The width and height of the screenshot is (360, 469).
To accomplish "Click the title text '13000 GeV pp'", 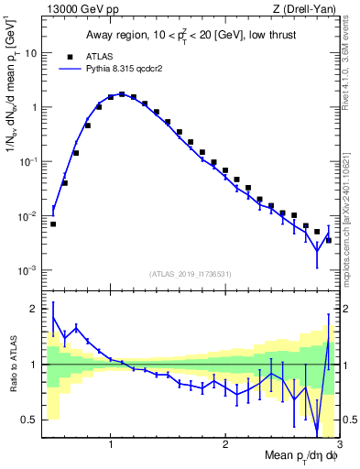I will (75, 9).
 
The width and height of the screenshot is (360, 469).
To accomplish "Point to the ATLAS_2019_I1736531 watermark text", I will (190, 273).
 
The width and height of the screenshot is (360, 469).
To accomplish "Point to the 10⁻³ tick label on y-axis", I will (27, 271).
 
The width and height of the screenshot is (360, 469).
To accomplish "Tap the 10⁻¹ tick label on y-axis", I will (27, 161).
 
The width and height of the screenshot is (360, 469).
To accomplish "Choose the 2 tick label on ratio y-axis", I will (34, 309).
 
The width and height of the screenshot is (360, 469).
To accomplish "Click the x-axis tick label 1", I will (111, 446).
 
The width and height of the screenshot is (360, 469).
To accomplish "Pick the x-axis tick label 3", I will (339, 446).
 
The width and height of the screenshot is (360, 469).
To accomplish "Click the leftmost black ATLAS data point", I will (53, 224).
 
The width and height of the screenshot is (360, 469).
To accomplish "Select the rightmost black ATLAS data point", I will (328, 240).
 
